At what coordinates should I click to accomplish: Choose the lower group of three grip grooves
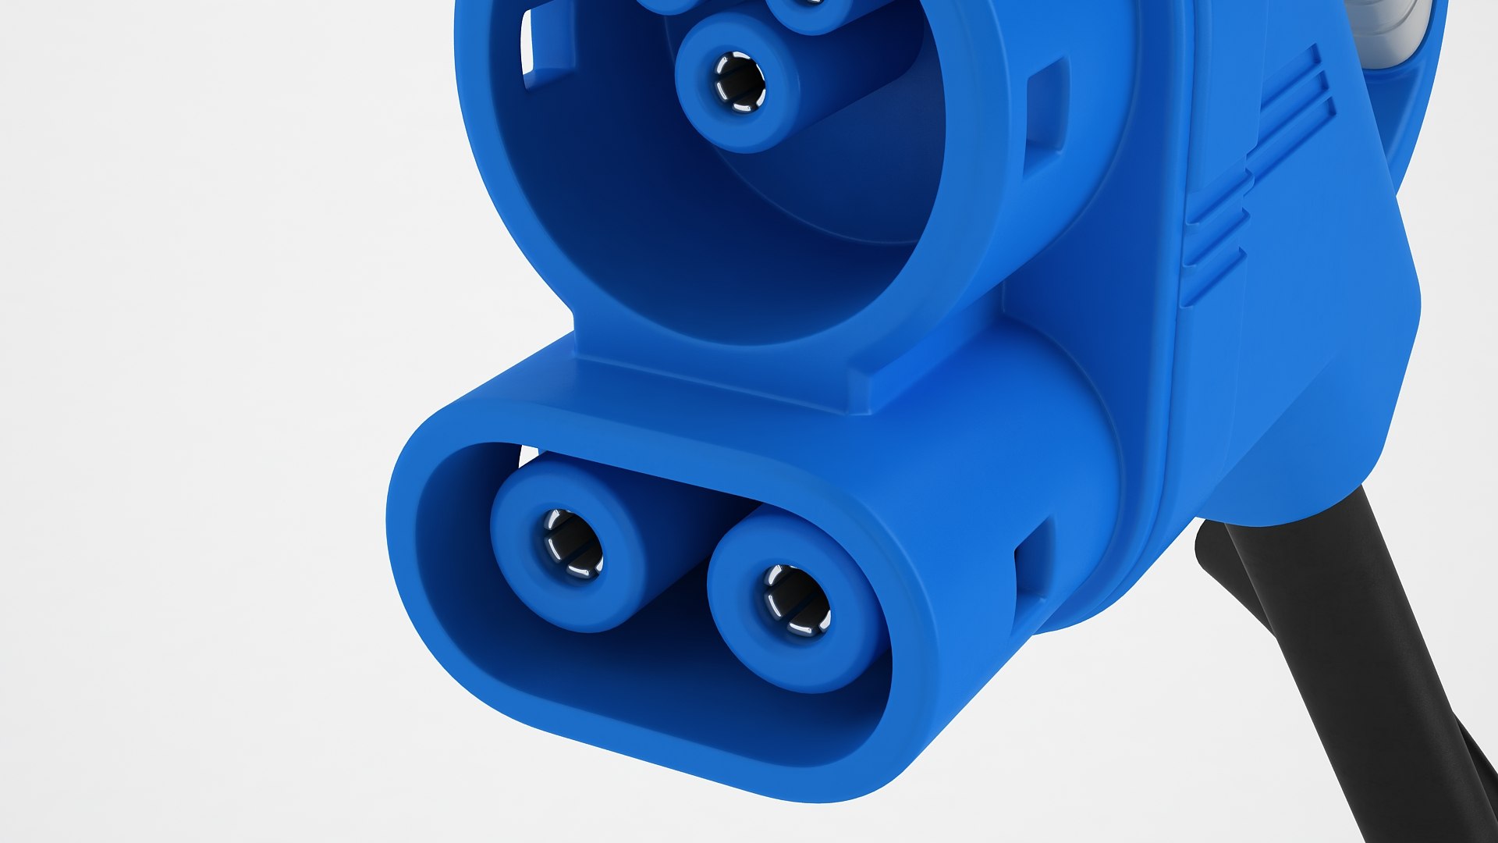click(1213, 234)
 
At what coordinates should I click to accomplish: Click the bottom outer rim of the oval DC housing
click(663, 749)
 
